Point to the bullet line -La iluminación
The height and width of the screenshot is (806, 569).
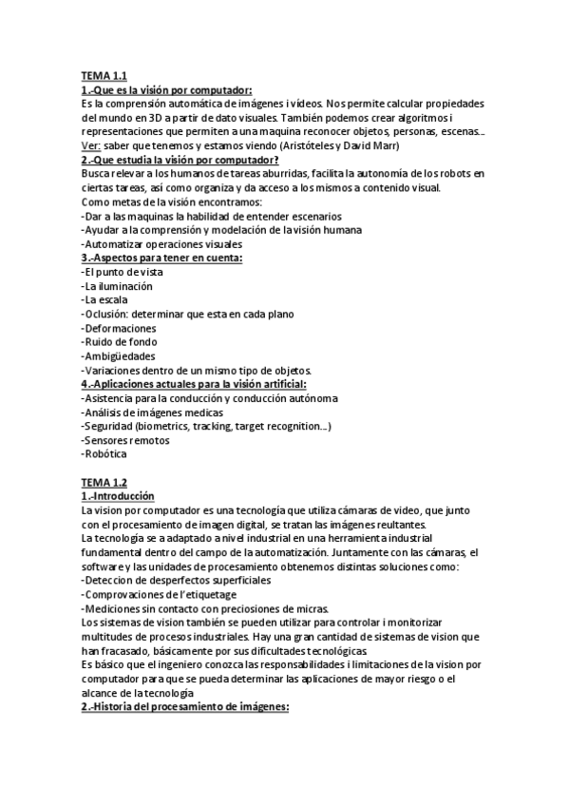point(117,286)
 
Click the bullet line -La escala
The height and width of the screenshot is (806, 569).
point(105,299)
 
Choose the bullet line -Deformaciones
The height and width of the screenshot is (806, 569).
point(120,328)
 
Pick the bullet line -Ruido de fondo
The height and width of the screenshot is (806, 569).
point(120,342)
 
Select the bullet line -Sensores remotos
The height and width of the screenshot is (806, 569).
point(125,440)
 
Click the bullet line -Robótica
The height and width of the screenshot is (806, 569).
point(104,454)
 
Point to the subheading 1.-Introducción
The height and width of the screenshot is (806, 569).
point(119,496)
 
